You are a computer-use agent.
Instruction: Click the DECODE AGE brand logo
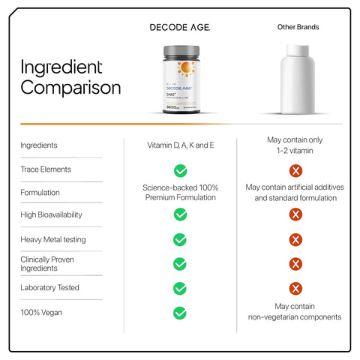tap(180, 27)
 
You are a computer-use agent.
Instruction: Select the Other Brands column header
tap(298, 27)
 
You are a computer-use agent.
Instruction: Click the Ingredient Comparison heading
tap(70, 77)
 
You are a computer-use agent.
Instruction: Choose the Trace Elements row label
tap(46, 169)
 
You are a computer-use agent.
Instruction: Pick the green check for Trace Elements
tap(180, 170)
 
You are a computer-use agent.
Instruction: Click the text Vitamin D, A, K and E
tap(180, 145)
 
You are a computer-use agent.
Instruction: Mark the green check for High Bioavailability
tap(180, 214)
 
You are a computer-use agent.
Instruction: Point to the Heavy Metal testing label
tap(53, 239)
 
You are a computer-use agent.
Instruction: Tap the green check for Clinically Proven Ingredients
tap(180, 264)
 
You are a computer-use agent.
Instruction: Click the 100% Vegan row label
tap(42, 311)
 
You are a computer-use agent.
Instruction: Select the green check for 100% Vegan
tap(180, 313)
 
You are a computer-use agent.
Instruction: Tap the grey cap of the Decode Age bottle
tap(180, 51)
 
